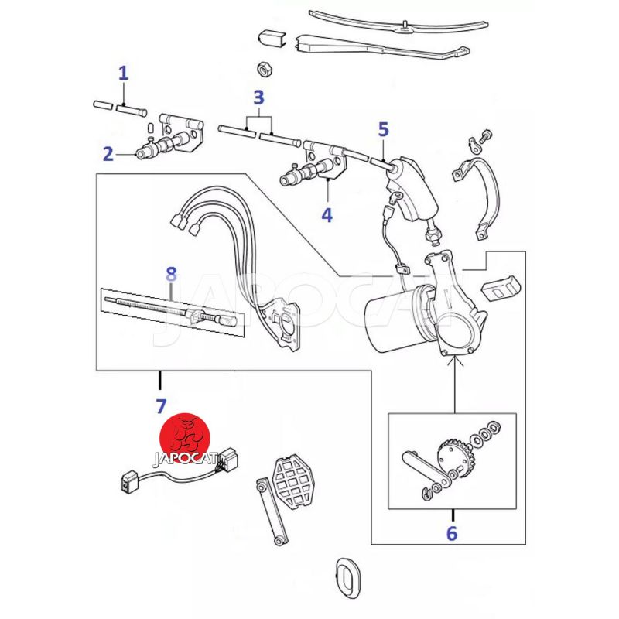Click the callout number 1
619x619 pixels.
(x=124, y=74)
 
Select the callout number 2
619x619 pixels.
(x=108, y=154)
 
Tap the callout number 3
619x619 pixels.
(x=258, y=97)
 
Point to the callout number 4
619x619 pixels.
(x=327, y=215)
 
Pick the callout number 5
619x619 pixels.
(x=383, y=130)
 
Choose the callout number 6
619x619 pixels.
(x=452, y=534)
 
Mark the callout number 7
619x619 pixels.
(x=161, y=407)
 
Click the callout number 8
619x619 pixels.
(x=171, y=275)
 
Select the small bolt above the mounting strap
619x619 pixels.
(x=485, y=135)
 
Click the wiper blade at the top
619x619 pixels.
(x=398, y=22)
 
